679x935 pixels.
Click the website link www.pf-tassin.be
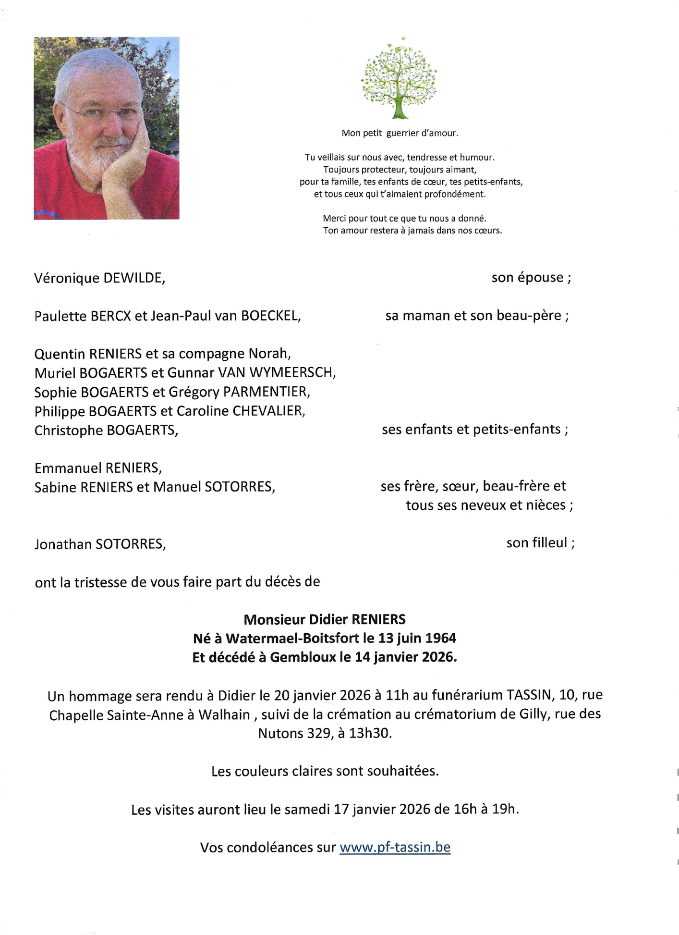tap(395, 847)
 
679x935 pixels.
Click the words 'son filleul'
tap(537, 543)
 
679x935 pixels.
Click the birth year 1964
tap(440, 638)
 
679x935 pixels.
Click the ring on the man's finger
tap(145, 149)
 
